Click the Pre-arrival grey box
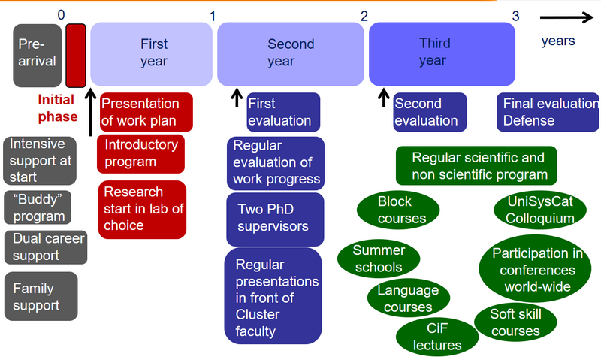coord(37,56)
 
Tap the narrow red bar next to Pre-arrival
coord(76,56)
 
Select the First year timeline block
coord(152,54)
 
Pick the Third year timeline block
coord(442,54)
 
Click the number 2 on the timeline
coord(364,16)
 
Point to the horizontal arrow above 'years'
coord(566,17)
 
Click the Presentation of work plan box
coord(146,112)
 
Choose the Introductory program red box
coord(140,154)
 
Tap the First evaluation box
coord(283,112)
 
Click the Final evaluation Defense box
coord(548,112)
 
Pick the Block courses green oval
coord(398,210)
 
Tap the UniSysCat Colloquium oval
coord(540,210)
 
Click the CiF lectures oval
coord(437,337)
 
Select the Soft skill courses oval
coord(515,322)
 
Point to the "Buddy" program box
coord(38,207)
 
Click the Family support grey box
coord(41,296)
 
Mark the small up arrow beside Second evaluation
coord(383,98)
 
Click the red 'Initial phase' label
coord(58,108)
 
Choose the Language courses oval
coord(409,298)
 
